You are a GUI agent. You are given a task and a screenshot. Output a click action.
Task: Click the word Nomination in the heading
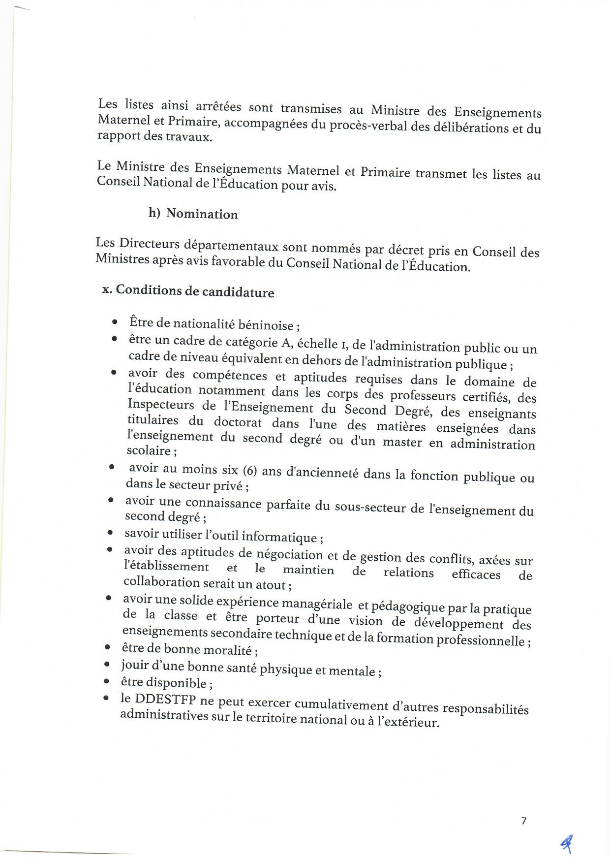(202, 214)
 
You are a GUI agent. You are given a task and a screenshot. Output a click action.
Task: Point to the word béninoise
(266, 325)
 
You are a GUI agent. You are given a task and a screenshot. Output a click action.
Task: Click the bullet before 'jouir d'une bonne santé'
(107, 665)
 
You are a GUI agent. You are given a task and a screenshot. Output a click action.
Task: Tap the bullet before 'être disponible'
(106, 681)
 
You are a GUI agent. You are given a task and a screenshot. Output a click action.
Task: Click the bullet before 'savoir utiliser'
(110, 533)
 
